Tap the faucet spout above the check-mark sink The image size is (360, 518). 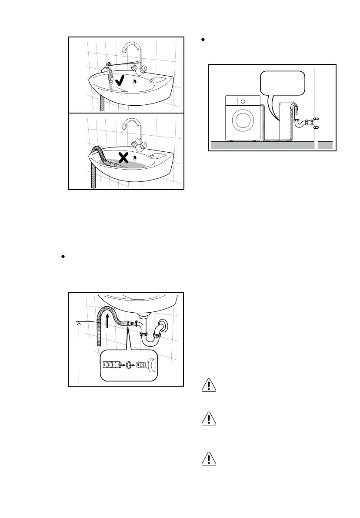pyautogui.click(x=125, y=50)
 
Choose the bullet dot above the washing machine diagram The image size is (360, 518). pyautogui.click(x=203, y=40)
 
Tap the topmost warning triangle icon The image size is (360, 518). pyautogui.click(x=209, y=386)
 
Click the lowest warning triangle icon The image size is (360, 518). pyautogui.click(x=209, y=459)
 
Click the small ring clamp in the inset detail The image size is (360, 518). pyautogui.click(x=129, y=364)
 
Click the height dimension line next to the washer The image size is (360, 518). pyautogui.click(x=280, y=122)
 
